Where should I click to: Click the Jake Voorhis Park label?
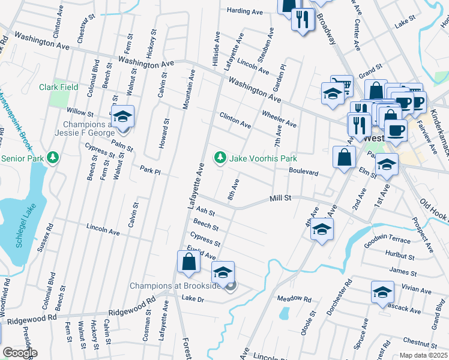[262, 158]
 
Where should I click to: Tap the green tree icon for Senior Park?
[54, 158]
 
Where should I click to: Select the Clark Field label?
[59, 87]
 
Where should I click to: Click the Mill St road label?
[280, 197]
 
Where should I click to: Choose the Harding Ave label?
[246, 11]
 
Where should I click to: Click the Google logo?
[20, 353]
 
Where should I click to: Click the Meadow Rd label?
[294, 298]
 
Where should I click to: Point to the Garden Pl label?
[282, 74]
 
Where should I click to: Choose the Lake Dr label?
[193, 298]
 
